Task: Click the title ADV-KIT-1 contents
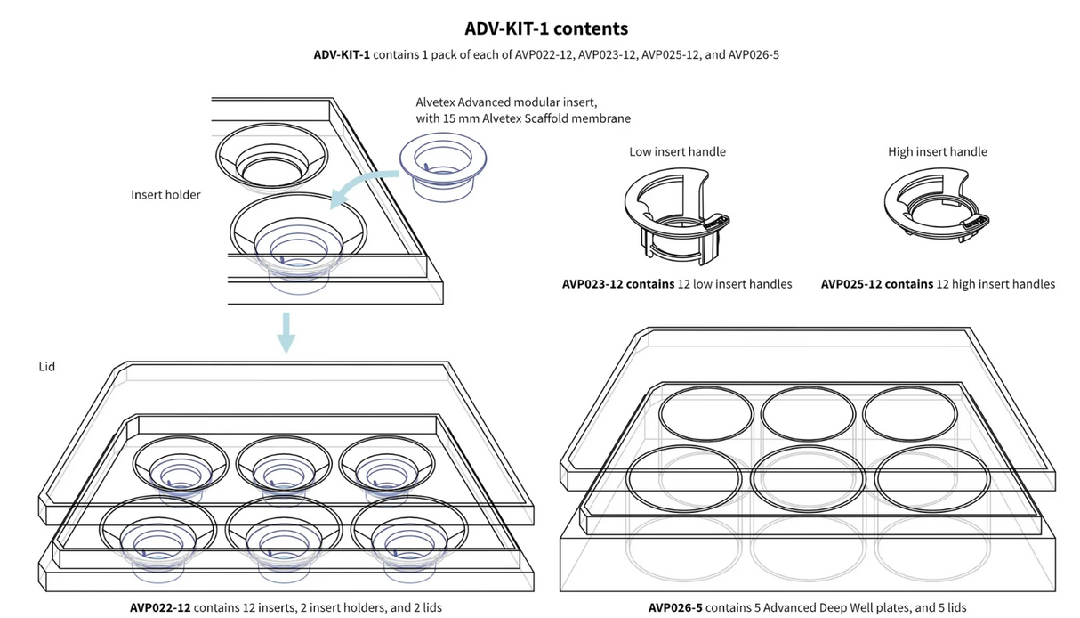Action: pyautogui.click(x=546, y=28)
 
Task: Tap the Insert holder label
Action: pyautogui.click(x=165, y=194)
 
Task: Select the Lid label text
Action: pyautogui.click(x=47, y=366)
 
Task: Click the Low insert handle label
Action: pyautogui.click(x=677, y=151)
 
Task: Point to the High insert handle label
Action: pyautogui.click(x=937, y=151)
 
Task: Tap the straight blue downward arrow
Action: pyautogui.click(x=286, y=332)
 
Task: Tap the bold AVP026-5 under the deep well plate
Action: pyautogui.click(x=675, y=607)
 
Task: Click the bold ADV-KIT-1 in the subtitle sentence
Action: pyautogui.click(x=342, y=54)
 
